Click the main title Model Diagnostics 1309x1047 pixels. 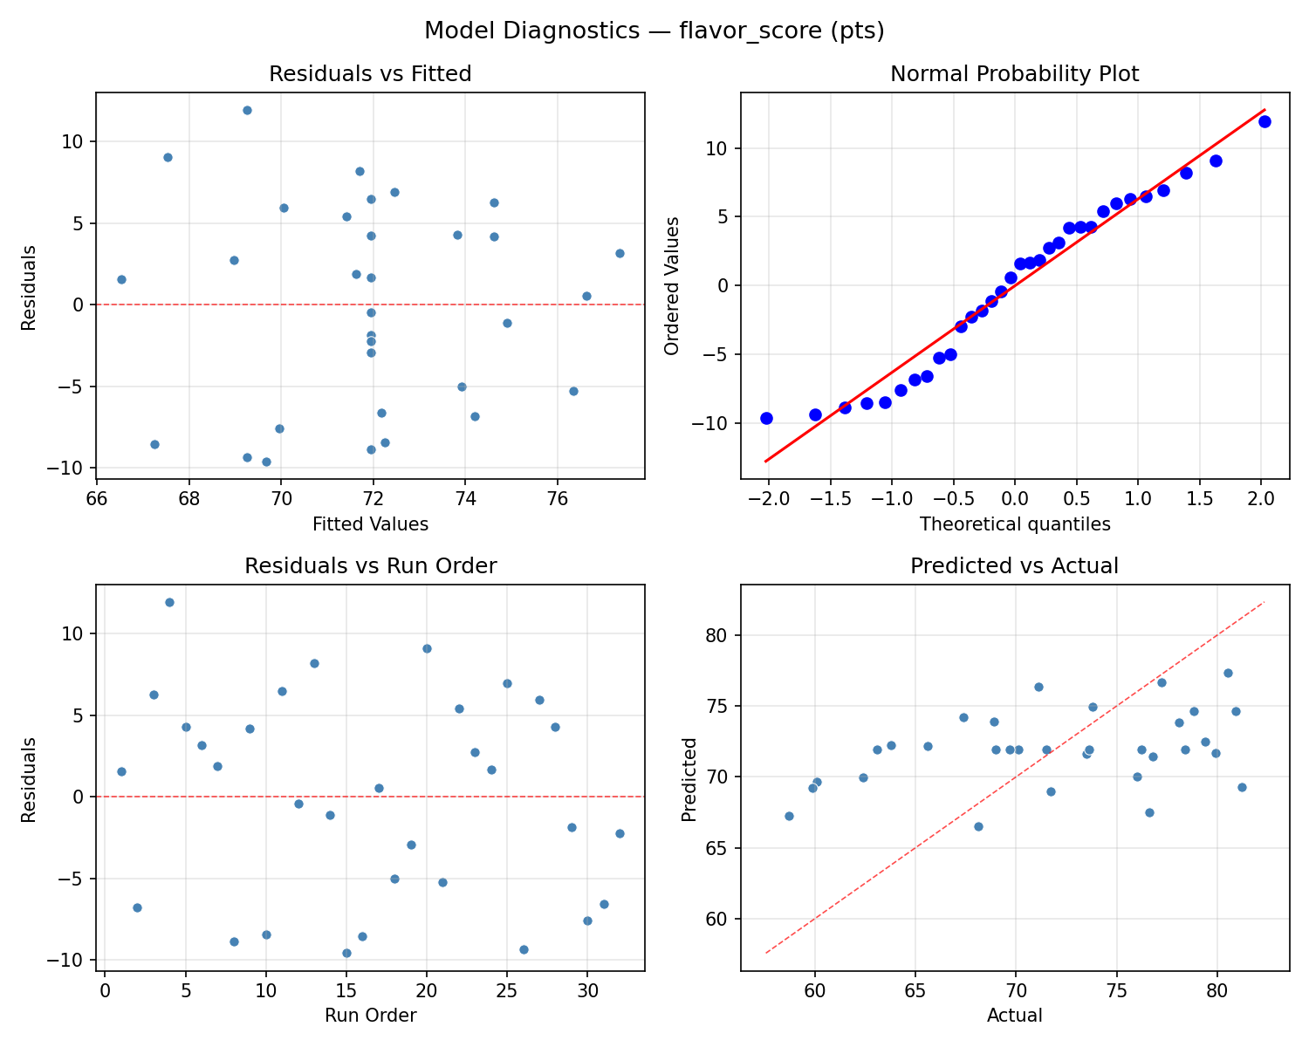(x=654, y=31)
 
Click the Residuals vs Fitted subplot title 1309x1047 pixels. (x=370, y=74)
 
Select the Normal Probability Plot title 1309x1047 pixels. (x=1014, y=74)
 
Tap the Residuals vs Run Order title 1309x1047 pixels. (x=370, y=566)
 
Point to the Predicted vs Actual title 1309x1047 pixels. (x=1014, y=566)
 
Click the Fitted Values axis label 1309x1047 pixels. (x=370, y=523)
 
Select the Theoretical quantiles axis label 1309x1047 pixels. (x=1014, y=523)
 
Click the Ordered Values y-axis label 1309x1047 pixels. (x=671, y=285)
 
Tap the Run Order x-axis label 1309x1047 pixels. (x=370, y=1016)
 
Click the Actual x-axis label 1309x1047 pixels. (x=1014, y=1016)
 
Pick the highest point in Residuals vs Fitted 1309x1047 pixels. (x=247, y=110)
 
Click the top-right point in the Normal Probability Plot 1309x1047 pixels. (x=1264, y=121)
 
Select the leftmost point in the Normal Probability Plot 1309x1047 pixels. (x=766, y=418)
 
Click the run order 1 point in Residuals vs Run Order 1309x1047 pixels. (x=121, y=771)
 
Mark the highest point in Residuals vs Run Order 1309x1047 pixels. (x=169, y=602)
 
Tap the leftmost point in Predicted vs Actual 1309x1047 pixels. (x=789, y=816)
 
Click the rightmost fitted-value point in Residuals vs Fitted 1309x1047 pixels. (x=620, y=253)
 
